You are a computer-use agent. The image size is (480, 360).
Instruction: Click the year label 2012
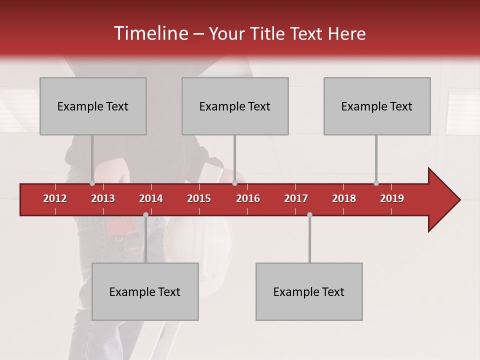tap(55, 198)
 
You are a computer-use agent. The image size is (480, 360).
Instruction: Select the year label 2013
tap(103, 198)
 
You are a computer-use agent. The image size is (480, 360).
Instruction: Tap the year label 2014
tap(151, 198)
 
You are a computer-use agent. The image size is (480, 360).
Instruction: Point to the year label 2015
tap(199, 198)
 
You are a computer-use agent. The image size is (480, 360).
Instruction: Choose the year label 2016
tap(248, 198)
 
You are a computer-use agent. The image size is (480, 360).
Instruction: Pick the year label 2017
tap(296, 198)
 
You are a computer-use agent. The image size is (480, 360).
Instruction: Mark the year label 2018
tap(344, 198)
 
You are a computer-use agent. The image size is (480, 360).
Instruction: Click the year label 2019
tap(392, 198)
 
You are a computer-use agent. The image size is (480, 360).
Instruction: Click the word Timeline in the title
tap(150, 33)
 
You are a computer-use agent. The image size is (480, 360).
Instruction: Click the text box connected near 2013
tap(93, 106)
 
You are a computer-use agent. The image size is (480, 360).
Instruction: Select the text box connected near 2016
tap(235, 106)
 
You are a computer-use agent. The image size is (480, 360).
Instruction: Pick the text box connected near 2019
tap(377, 106)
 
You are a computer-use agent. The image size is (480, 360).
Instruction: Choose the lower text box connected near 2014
tap(145, 291)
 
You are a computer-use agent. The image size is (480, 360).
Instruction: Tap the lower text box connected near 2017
tap(309, 291)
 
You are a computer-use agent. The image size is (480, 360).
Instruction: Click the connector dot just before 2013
tap(92, 183)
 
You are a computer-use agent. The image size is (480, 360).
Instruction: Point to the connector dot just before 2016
tap(234, 183)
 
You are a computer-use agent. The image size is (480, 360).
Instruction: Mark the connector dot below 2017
tap(309, 215)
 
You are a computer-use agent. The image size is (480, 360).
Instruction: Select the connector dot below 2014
tap(145, 215)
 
